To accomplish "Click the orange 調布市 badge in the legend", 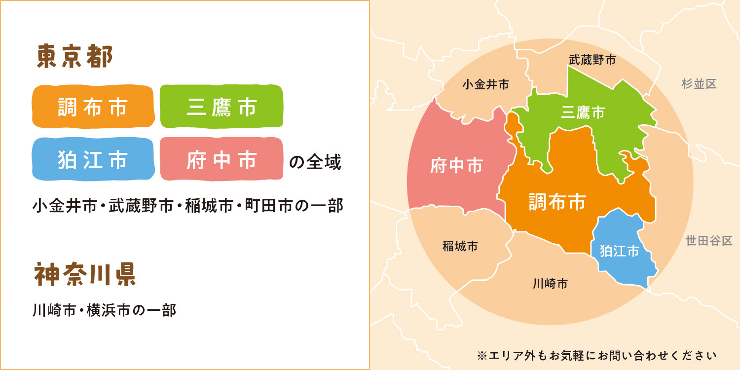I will click(93, 107).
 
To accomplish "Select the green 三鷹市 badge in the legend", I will click(222, 107).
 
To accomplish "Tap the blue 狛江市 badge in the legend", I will click(93, 159).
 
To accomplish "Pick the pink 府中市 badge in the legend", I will click(222, 159).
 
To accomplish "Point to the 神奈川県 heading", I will click(85, 275).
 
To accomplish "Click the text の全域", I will click(315, 162).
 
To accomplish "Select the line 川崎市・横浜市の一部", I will click(104, 310).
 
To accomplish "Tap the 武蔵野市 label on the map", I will click(592, 60).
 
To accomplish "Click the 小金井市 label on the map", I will click(485, 84).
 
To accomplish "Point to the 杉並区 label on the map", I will click(699, 84).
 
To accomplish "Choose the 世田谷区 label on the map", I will click(709, 241).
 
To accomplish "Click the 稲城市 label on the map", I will click(460, 246).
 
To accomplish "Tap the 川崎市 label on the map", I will click(550, 284).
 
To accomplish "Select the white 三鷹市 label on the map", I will click(583, 112).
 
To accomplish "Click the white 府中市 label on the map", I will click(456, 166).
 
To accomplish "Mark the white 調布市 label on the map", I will click(557, 201).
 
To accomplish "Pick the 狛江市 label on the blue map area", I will click(619, 251).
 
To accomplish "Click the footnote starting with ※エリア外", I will click(597, 355).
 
